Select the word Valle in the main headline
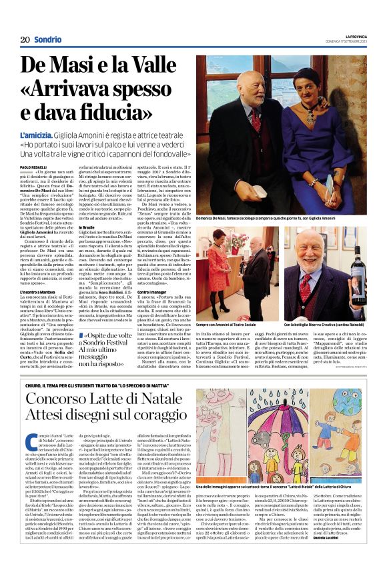tap(155, 65)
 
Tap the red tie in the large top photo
tap(257, 121)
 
